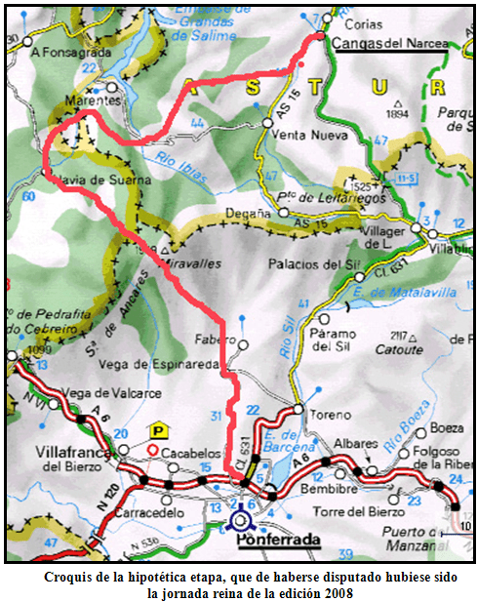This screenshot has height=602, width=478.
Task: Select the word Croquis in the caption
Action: tap(70, 577)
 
